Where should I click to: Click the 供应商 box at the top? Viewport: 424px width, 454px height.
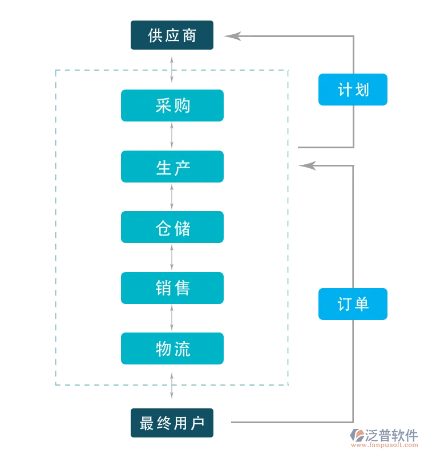pos(172,35)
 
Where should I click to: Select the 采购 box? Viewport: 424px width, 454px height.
pos(172,106)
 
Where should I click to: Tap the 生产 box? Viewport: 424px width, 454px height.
pos(172,167)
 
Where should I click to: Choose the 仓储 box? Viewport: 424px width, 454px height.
pos(172,227)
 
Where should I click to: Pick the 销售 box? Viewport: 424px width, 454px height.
pos(172,288)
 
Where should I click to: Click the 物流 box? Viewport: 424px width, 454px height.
pos(172,348)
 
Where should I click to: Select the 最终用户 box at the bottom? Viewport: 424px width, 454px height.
pos(172,423)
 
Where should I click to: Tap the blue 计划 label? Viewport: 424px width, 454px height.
pos(353,90)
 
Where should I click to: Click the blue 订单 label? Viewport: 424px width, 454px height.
pos(353,304)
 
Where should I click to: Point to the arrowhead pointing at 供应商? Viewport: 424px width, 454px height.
pos(233,36)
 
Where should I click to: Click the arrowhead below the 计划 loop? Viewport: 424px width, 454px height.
pos(308,165)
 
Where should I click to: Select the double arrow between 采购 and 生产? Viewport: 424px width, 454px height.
pos(172,136)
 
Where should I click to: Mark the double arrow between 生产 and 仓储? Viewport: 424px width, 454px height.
pos(172,197)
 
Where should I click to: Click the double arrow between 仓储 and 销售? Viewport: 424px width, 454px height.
pos(172,257)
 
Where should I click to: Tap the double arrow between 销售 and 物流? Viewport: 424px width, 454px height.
pos(172,318)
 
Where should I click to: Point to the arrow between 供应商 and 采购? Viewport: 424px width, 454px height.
pos(172,69)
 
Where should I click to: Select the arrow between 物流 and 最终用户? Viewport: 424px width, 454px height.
pos(172,386)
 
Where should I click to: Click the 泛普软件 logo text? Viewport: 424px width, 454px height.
pos(391,435)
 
